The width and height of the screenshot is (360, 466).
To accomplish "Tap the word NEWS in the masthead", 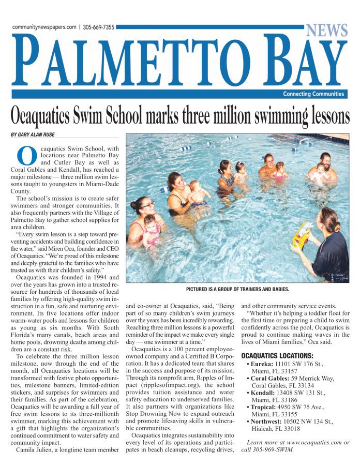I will (x=326, y=31).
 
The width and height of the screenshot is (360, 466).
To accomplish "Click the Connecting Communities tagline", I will (x=313, y=94).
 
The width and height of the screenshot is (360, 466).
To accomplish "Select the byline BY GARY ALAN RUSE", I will (x=33, y=134).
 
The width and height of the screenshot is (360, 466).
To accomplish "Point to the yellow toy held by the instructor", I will (x=301, y=235).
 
